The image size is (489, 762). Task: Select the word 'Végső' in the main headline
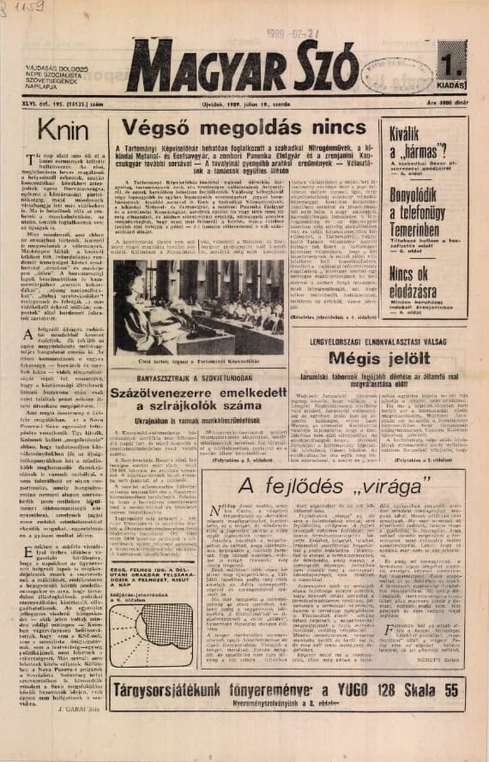pyautogui.click(x=161, y=129)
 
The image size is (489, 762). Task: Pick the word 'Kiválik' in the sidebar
pyautogui.click(x=407, y=137)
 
